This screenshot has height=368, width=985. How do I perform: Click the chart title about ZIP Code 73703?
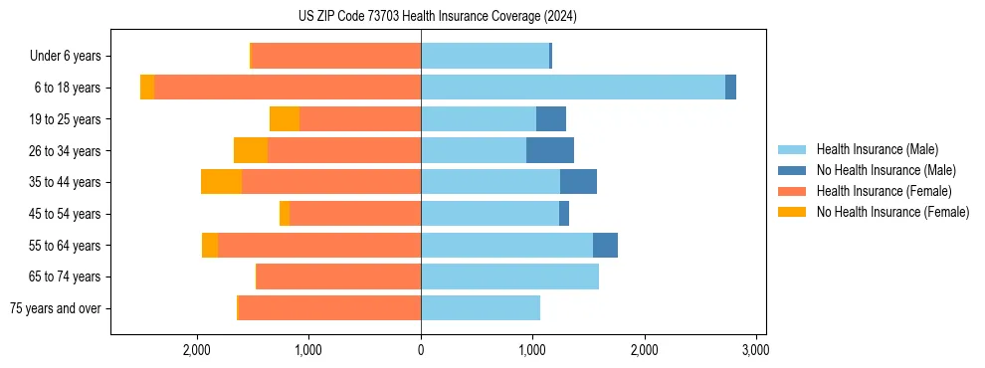[x=438, y=16]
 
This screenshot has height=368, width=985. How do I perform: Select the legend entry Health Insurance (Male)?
[x=876, y=149]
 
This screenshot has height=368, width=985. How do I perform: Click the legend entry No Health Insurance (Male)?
[x=886, y=170]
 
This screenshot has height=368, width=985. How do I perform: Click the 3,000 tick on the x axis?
[x=755, y=349]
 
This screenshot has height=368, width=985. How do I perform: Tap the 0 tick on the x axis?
[x=421, y=349]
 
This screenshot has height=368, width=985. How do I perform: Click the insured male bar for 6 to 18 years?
[x=573, y=88]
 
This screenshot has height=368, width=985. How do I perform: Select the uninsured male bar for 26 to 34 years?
[x=550, y=150]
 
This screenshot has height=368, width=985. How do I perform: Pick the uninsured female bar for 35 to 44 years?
[x=221, y=182]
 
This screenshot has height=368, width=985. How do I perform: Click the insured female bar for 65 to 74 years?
[x=338, y=276]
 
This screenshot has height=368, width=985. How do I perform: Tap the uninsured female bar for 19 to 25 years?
[x=285, y=119]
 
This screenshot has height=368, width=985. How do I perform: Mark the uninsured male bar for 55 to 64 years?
[x=605, y=245]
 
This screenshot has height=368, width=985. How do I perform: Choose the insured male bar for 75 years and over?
[x=481, y=308]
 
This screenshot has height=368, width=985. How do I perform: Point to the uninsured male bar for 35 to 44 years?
[x=578, y=182]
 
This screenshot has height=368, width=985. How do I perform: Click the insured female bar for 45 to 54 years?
[x=355, y=214]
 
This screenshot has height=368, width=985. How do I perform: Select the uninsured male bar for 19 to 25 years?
[x=551, y=119]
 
